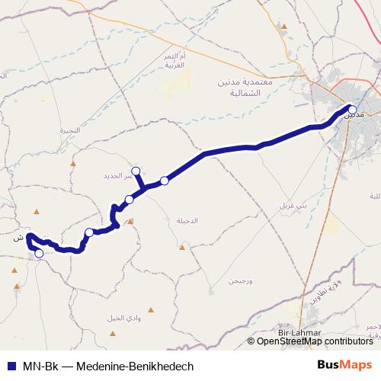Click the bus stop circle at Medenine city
(x=351, y=109)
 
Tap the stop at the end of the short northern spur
(x=136, y=171)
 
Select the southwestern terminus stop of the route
(x=40, y=254)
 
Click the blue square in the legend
(x=12, y=366)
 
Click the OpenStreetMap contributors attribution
(x=315, y=341)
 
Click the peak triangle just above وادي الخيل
(x=150, y=309)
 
